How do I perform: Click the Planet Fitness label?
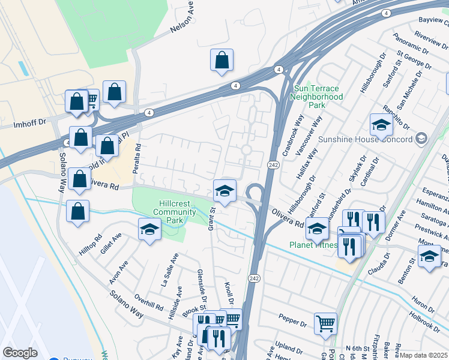(x=312, y=245)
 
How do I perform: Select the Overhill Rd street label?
(x=149, y=302)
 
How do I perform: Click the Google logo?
(x=20, y=353)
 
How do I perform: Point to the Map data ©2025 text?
(x=424, y=355)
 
